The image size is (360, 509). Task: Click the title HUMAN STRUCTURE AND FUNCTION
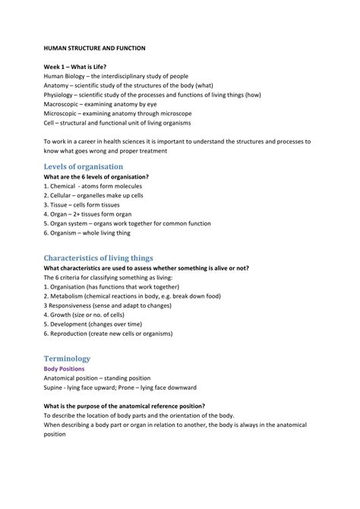point(94,48)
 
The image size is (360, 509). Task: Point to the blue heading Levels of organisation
point(84,166)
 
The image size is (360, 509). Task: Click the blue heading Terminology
point(67,359)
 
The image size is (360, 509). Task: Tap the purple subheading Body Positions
point(64,369)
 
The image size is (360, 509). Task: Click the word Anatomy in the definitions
point(57,86)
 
